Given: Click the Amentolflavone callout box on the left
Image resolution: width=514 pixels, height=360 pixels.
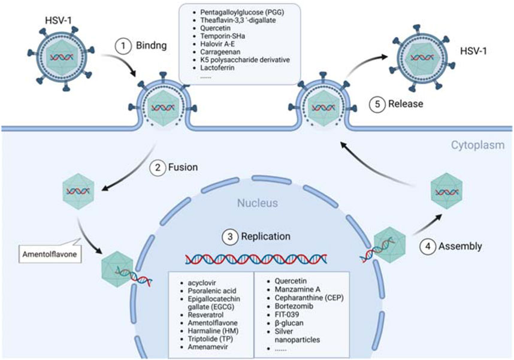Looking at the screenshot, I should point(46,252).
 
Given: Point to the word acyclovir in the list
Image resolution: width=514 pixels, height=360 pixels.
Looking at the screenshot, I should point(202,282).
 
